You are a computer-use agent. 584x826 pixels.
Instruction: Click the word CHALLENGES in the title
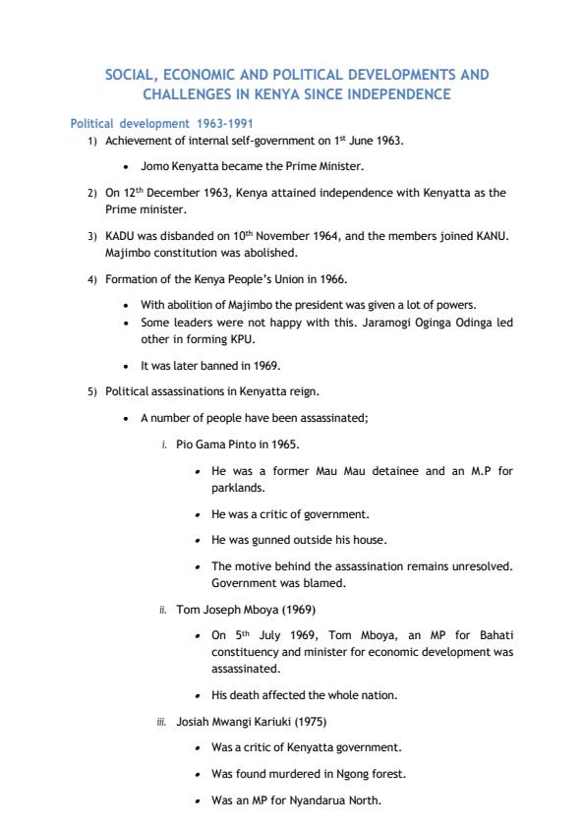pos(188,93)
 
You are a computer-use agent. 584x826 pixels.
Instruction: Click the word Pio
pos(185,444)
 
